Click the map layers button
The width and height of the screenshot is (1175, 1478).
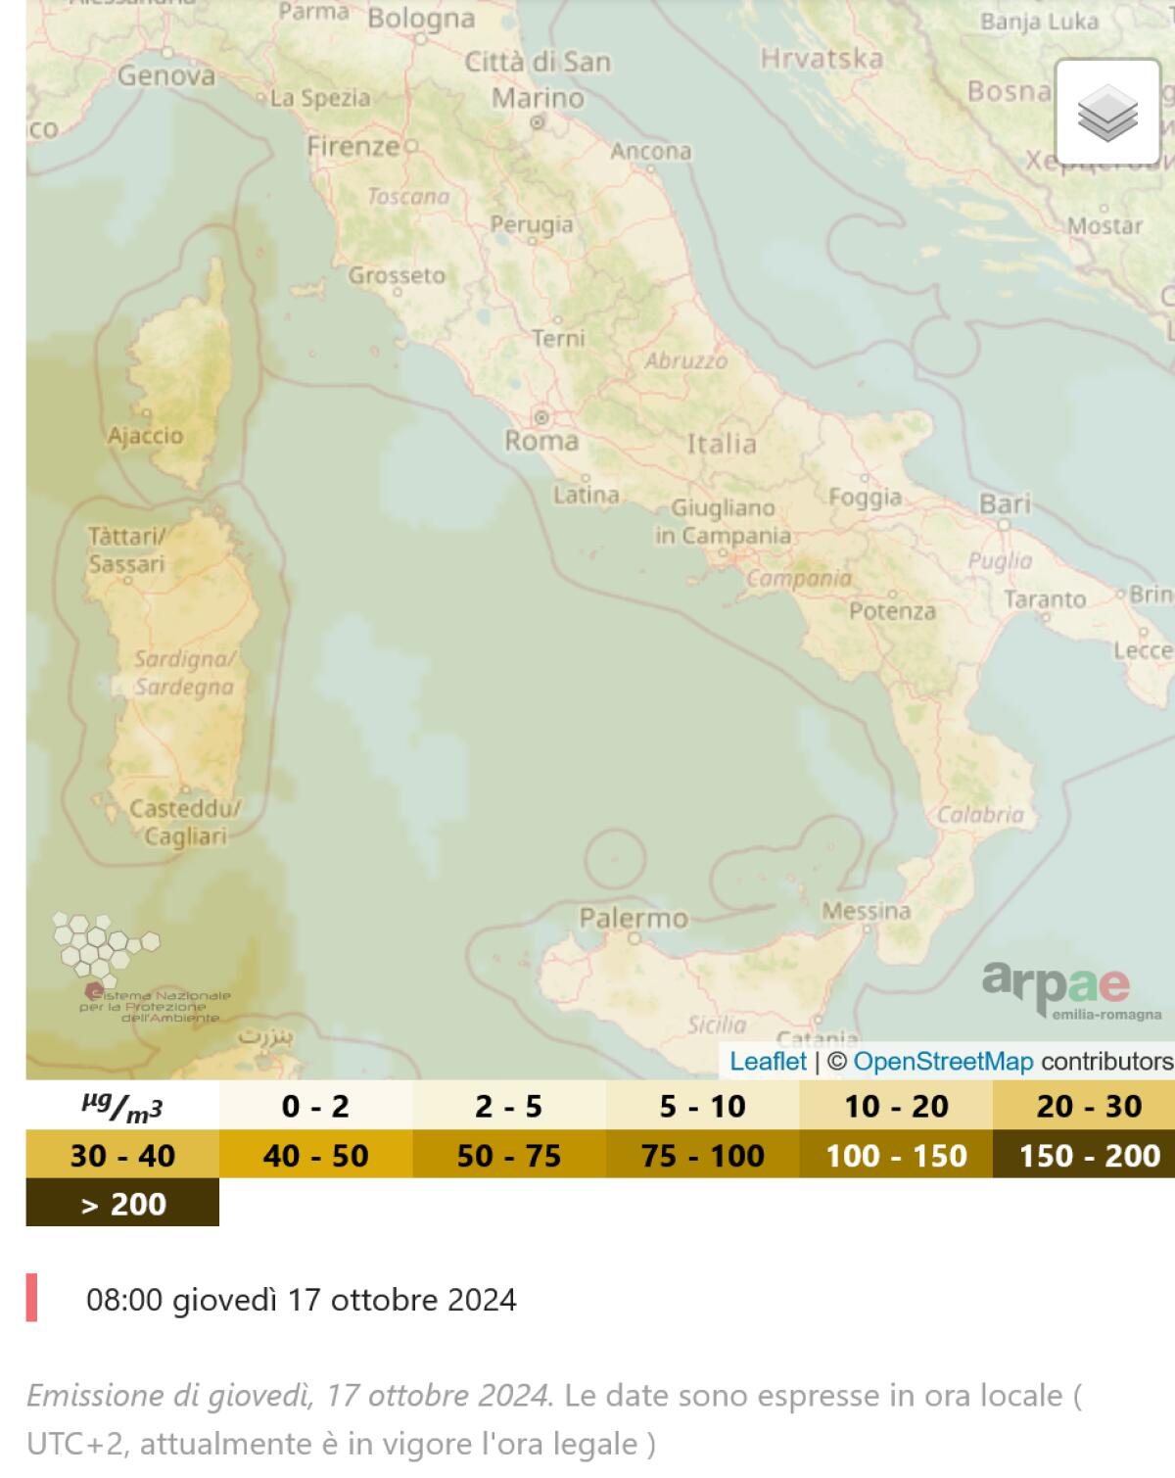1107,112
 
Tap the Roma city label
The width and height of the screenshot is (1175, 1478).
541,441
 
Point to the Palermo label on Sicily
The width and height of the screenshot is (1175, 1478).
634,918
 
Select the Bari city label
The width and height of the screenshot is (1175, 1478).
1005,503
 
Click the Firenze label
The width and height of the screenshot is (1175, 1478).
353,147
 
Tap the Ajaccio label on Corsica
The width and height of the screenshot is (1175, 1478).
145,435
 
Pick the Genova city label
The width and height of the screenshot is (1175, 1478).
166,75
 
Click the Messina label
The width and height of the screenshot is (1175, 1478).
866,911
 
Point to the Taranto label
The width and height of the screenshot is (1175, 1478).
1045,598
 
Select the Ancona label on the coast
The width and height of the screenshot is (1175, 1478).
651,151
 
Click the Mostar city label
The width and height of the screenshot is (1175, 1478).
1104,225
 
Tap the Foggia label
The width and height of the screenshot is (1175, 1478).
865,497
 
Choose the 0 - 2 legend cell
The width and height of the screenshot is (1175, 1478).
315,1106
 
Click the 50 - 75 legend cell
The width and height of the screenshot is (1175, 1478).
509,1155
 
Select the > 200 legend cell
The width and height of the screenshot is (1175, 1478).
122,1203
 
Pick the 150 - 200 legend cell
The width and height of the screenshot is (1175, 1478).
1089,1155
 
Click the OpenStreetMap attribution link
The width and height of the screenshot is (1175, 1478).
943,1061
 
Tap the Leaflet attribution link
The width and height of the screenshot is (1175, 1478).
768,1061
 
